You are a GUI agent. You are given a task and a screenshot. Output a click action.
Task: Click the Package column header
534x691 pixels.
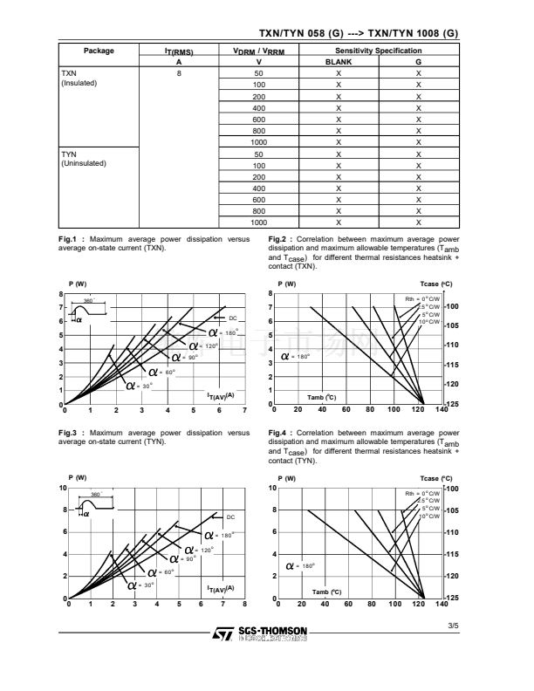[99, 51]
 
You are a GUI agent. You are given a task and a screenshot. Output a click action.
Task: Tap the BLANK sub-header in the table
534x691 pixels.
[339, 62]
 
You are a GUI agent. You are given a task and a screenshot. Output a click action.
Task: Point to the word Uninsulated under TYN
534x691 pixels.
[84, 163]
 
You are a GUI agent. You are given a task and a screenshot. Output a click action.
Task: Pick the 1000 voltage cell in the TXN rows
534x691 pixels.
[258, 142]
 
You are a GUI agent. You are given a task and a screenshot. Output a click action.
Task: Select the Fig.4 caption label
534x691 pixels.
[279, 433]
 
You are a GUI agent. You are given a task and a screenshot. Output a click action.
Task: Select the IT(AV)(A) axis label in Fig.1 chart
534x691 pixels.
[221, 396]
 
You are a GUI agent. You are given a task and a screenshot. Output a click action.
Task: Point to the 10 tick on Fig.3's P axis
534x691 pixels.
[63, 487]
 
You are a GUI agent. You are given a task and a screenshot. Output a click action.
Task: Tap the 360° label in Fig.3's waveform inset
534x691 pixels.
[97, 495]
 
